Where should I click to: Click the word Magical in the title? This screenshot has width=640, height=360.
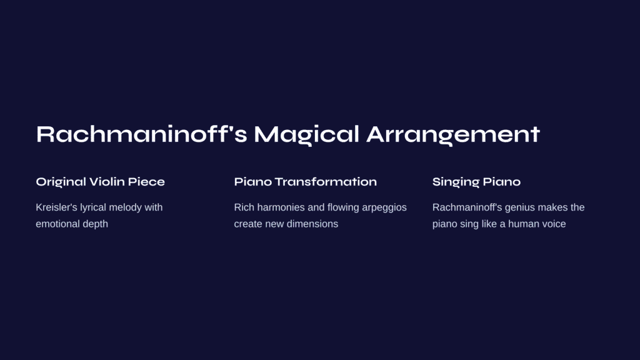[306, 135]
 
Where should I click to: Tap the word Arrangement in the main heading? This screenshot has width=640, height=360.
[453, 135]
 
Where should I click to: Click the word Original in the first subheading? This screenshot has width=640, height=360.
[61, 182]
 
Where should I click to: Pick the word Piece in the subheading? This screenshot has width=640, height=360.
[146, 182]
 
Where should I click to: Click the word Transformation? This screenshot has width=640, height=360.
[326, 182]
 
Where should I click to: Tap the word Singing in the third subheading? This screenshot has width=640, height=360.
[452, 182]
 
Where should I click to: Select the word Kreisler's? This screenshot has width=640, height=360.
[56, 207]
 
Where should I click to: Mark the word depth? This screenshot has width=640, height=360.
[95, 224]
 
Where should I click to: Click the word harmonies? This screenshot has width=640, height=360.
[281, 207]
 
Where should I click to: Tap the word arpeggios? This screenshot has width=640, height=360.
[384, 208]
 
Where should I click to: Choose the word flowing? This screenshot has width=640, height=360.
[343, 207]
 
